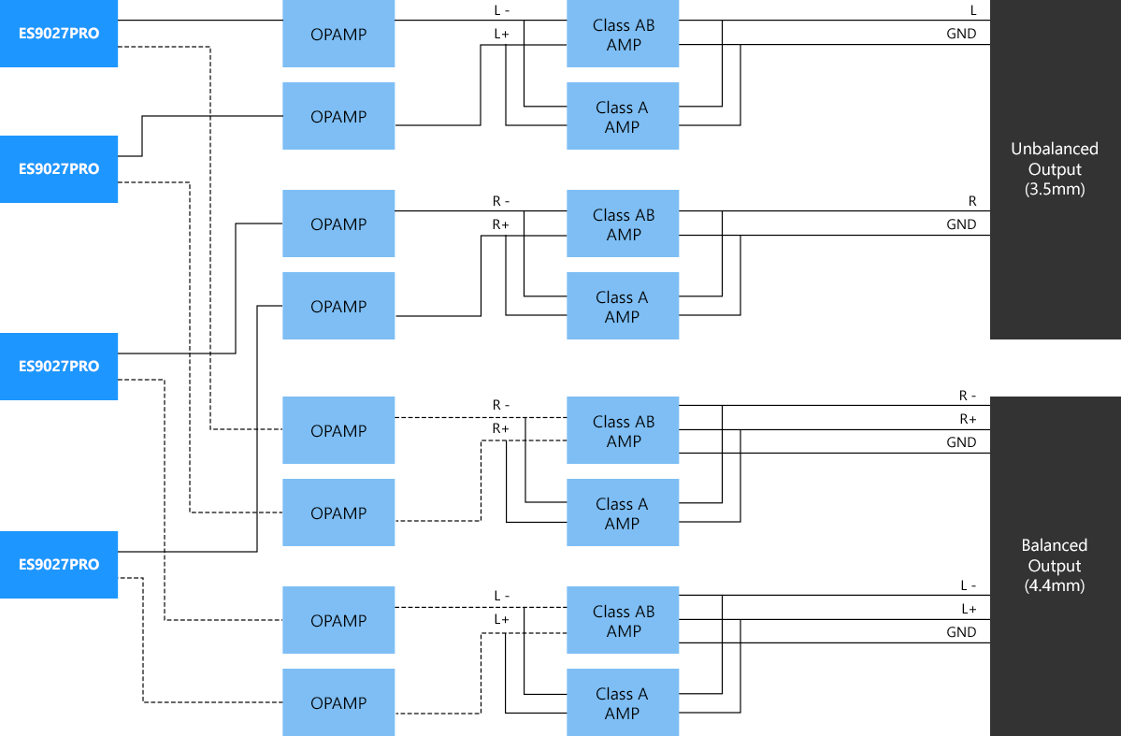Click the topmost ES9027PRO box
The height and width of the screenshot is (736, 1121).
58,34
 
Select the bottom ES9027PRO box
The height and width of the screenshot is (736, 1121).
58,565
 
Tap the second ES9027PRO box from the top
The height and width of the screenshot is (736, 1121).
58,169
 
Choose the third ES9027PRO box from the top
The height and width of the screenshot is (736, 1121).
58,367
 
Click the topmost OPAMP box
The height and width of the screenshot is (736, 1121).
338,35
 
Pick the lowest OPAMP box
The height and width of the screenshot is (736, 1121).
338,703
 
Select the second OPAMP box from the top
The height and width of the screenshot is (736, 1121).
338,117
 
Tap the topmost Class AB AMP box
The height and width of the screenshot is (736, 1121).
623,35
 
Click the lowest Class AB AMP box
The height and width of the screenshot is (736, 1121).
623,621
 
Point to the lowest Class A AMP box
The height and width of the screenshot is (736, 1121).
623,703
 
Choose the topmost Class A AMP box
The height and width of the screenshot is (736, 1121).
623,117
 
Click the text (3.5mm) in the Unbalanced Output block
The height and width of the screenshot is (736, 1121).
1055,190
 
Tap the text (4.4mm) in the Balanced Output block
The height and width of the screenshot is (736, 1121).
1055,586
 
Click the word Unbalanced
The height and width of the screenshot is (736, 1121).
1055,149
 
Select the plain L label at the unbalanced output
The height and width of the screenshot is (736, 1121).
972,10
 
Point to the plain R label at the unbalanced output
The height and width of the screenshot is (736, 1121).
972,201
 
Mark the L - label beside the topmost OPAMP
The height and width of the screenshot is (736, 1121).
502,10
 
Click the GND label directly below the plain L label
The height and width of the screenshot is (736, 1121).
961,34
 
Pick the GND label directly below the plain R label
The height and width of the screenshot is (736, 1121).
961,224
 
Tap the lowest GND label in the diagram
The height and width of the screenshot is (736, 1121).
961,632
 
